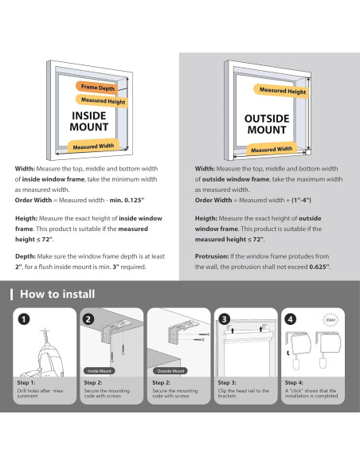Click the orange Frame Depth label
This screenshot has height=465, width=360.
pos(97,88)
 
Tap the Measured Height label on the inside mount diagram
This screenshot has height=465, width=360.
pos(103,101)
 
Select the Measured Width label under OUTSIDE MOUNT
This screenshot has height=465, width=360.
pos(272,150)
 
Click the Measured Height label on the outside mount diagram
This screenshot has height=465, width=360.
pos(282,91)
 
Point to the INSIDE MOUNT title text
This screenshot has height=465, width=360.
pos(89,121)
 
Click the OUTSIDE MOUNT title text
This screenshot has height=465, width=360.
pos(267,124)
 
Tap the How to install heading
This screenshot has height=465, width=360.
pos(57,294)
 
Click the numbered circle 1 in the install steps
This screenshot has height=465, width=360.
pos(24,319)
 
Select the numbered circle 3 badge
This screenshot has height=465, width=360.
pos(224,319)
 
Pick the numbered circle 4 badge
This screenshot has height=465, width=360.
pos(291,319)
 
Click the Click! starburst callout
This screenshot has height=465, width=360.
pos(331,320)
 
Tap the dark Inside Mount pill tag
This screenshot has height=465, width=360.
pos(100,371)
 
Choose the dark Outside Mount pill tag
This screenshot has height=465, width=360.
pos(170,371)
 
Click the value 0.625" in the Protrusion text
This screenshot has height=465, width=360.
pos(319,267)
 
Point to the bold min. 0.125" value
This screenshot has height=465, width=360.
pos(127,200)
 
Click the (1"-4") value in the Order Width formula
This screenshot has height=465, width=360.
pos(301,200)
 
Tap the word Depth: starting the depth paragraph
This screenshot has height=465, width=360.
pos(25,256)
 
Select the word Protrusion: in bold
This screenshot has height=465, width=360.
pos(212,256)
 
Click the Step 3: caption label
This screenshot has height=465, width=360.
pos(227,382)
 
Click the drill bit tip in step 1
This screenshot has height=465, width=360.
pos(45,329)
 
